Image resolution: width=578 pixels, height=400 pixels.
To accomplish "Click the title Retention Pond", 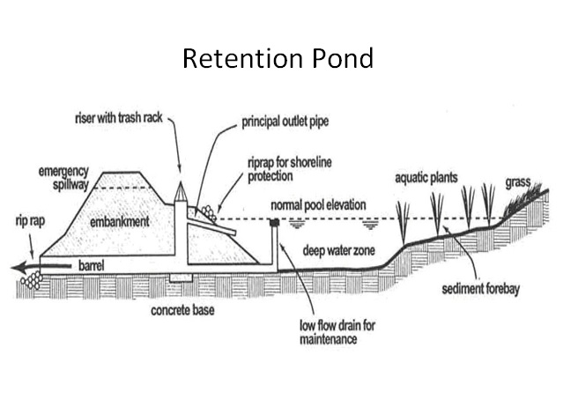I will coord(278,59).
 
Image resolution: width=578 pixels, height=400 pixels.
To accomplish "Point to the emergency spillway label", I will coord(66,176).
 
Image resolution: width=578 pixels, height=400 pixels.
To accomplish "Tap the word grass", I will coord(520,184).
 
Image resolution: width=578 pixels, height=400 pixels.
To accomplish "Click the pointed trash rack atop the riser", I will coord(181,192).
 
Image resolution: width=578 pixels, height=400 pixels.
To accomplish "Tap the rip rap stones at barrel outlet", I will coord(34,279).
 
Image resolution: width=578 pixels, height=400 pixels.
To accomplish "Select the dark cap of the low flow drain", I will coord(274,224).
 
